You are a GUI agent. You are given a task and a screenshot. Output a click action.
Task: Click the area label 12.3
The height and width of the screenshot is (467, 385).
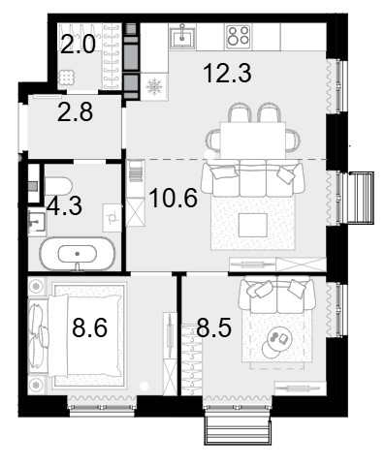[227, 74]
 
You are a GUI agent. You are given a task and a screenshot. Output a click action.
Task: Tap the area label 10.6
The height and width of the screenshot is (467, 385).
[174, 198]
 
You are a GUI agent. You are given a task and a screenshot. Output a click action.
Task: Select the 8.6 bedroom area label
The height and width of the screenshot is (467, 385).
[89, 327]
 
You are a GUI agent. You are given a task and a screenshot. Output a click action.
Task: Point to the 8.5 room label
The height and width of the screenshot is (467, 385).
[213, 327]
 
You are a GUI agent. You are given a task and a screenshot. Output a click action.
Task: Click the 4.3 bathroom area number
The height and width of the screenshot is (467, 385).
[64, 206]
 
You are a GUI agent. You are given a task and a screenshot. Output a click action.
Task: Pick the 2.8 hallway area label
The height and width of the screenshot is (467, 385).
[75, 112]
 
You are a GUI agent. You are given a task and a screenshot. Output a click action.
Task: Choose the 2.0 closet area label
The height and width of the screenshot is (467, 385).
[79, 45]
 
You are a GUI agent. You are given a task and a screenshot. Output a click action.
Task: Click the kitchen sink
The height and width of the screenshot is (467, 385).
[182, 37]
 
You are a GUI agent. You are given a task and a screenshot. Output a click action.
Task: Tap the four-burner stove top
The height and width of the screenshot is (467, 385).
[239, 37]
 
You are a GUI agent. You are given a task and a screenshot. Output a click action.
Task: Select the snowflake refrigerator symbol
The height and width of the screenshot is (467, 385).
[154, 86]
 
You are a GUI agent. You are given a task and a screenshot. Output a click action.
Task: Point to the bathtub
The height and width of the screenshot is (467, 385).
[78, 254]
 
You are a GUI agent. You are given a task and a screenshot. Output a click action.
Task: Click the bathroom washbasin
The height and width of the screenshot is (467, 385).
[37, 222]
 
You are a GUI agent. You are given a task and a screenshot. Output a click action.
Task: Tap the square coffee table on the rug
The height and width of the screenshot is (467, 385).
[253, 225]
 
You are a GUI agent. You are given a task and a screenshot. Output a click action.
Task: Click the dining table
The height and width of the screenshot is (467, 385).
[253, 140]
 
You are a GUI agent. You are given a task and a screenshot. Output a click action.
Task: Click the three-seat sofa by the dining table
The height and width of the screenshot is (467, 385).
[253, 177]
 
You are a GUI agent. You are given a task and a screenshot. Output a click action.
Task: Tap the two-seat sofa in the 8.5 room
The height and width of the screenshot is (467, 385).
[276, 295]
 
